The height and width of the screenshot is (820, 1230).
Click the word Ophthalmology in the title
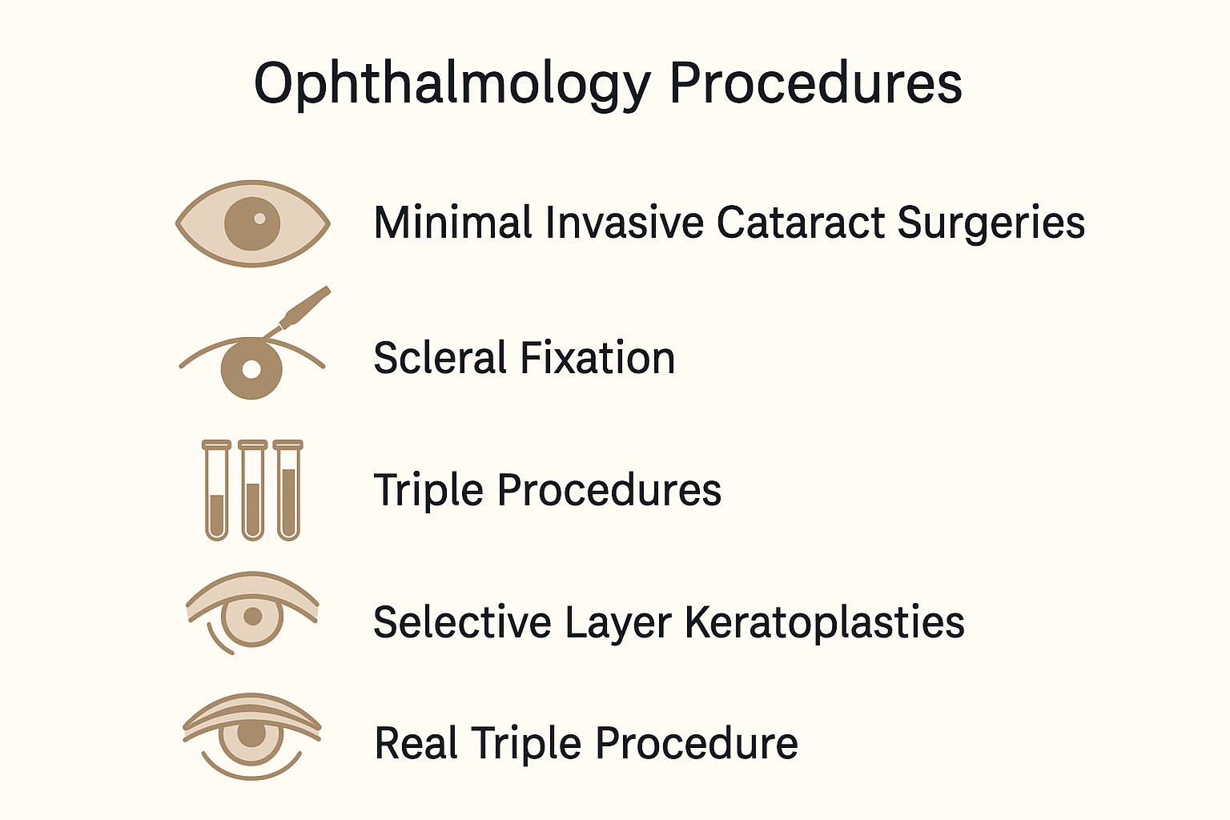(x=452, y=84)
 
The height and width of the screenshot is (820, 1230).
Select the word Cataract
(x=801, y=223)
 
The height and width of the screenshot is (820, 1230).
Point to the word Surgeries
(x=991, y=224)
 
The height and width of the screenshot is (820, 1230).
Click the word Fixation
(x=597, y=357)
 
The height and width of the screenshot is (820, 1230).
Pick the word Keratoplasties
(x=825, y=623)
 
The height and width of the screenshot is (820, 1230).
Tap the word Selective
(x=462, y=622)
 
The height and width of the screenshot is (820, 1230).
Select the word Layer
(x=617, y=623)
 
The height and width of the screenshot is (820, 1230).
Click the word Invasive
(x=625, y=222)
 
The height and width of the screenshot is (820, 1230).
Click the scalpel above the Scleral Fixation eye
(x=298, y=311)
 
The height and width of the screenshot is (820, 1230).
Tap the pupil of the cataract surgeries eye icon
(x=252, y=223)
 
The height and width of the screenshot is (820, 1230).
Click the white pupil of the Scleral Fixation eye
(x=251, y=369)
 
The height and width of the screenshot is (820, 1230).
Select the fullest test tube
(x=288, y=490)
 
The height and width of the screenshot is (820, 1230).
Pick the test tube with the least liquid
(x=217, y=490)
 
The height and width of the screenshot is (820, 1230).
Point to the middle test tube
(x=252, y=490)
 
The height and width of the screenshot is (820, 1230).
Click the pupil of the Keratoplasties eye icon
(x=252, y=617)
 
